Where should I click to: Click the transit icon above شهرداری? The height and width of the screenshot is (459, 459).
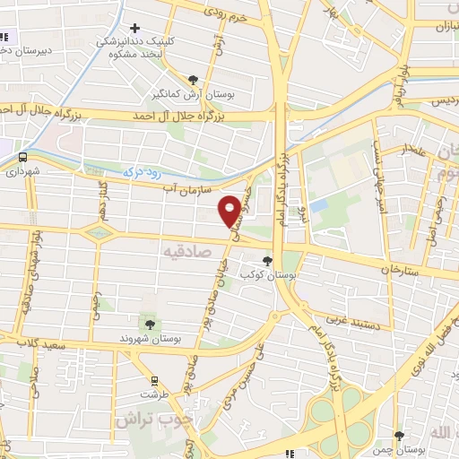[x=22, y=155]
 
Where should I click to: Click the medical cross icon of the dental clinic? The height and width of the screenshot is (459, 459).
[x=135, y=29]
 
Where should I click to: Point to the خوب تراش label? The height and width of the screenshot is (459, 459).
[x=143, y=420]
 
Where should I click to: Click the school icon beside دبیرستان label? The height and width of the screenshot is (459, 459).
[x=3, y=38]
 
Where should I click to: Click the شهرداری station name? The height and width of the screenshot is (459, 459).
[x=22, y=170]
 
